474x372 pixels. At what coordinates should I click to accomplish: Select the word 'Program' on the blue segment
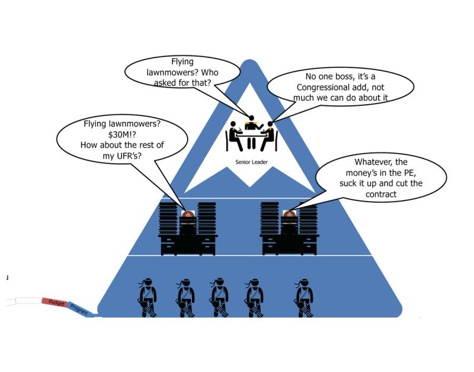(x=79, y=309)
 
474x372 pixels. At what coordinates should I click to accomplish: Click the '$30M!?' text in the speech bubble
(x=119, y=134)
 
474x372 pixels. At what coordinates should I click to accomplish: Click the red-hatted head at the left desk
(x=188, y=215)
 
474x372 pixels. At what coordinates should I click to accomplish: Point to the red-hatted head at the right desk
(x=290, y=215)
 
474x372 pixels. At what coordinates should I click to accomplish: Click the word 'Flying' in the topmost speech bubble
(x=182, y=62)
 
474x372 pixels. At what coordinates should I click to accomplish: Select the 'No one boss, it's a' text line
(x=340, y=76)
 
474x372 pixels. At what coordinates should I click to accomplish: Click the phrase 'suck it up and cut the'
(x=381, y=183)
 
